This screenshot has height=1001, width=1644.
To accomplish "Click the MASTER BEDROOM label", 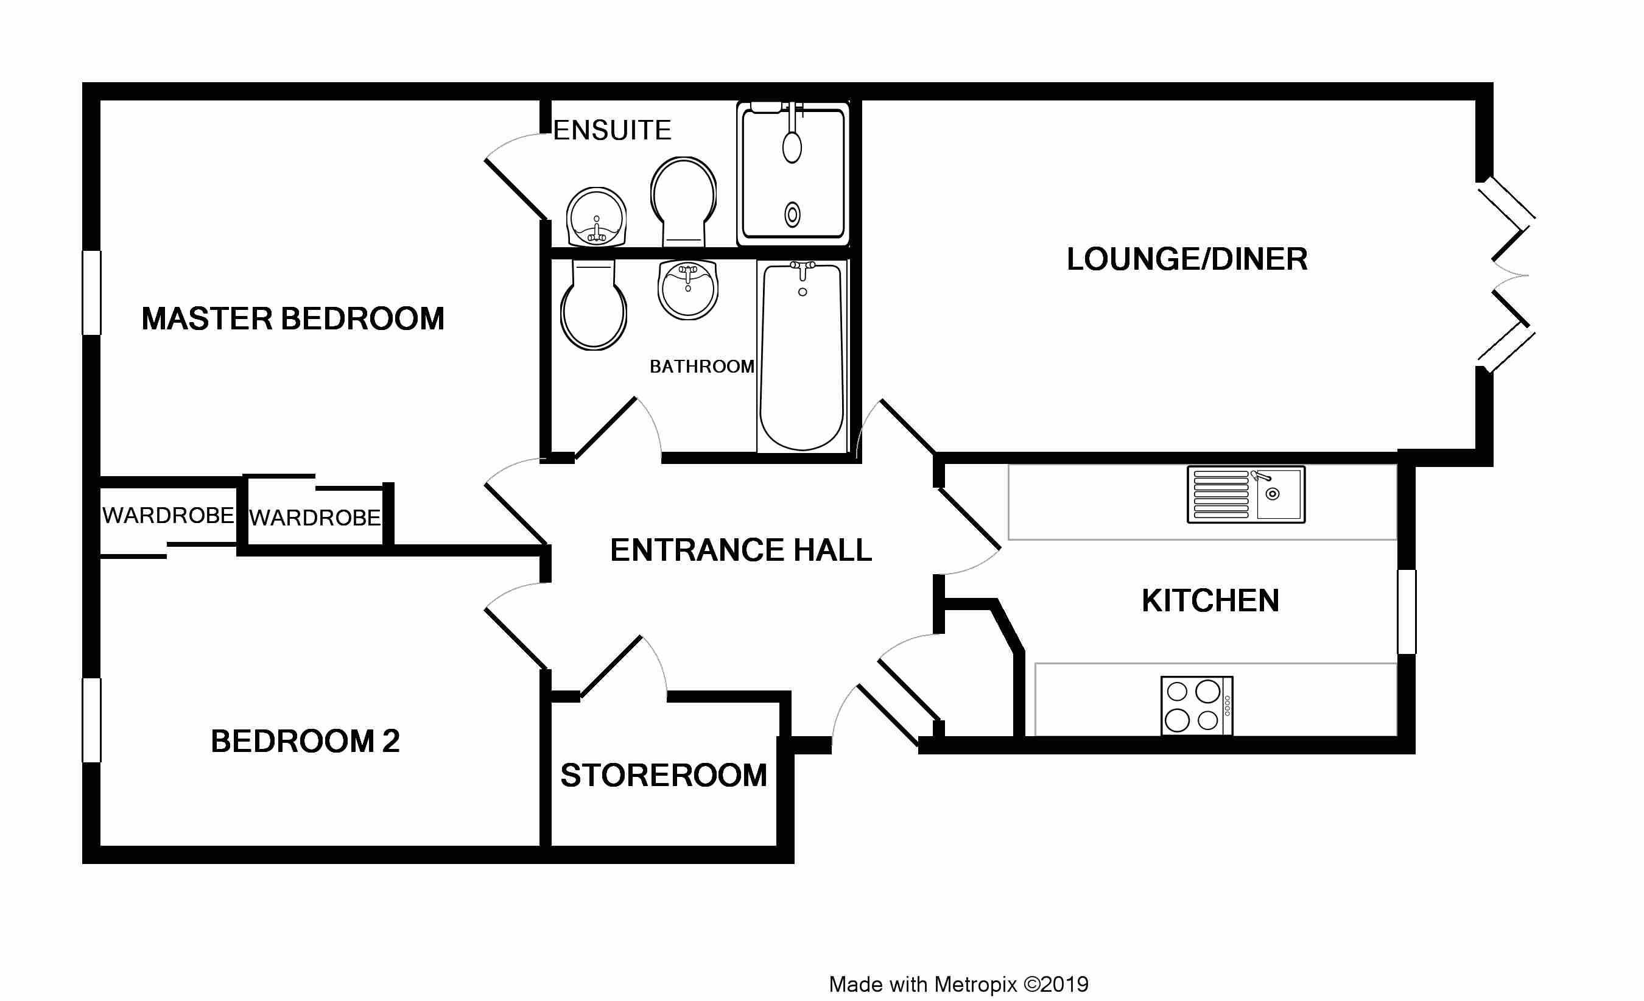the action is point(293,319).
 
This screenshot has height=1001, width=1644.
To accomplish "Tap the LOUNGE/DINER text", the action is point(1187,259).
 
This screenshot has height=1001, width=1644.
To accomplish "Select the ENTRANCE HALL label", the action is point(741,550).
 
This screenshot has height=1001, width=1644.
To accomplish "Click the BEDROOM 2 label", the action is point(306,741).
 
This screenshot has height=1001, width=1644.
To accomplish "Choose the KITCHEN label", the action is point(1210,600).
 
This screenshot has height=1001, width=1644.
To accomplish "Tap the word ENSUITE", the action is point(612,130).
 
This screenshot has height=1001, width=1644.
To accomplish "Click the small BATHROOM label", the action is point(702,367).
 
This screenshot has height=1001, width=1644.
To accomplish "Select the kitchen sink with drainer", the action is point(1246,494).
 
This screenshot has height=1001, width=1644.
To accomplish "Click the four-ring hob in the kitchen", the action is point(1197,706).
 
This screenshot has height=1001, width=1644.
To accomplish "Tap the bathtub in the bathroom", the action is point(802,356).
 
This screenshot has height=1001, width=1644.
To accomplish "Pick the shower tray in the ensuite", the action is point(793,174).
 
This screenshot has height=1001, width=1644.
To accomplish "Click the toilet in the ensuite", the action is point(683,202).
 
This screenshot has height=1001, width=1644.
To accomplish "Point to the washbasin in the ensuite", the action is point(597,217).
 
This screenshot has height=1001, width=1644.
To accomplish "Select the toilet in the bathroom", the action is point(593,304).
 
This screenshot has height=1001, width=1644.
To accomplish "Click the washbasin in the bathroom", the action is point(688,290).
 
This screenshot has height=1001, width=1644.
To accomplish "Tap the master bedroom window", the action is point(91,292).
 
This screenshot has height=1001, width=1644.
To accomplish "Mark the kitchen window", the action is point(1407,611).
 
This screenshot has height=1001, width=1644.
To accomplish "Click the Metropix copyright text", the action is point(959,985).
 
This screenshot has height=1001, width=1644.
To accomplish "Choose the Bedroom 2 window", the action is point(91,720).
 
